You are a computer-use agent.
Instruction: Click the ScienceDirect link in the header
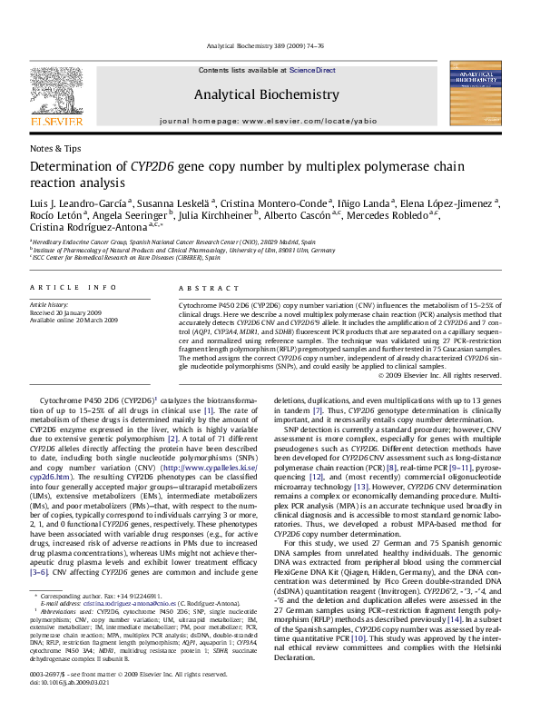pos(312,70)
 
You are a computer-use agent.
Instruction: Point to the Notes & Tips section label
pos(55,148)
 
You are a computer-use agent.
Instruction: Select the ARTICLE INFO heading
pos(74,287)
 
